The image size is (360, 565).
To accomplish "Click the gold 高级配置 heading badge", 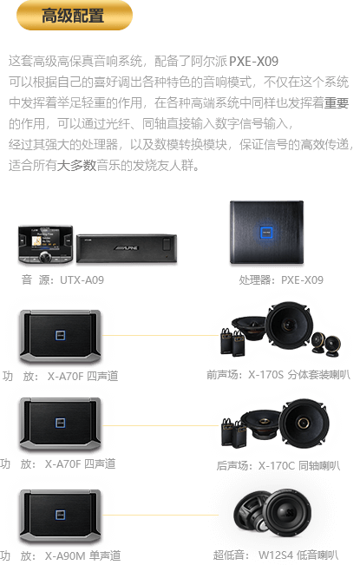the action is coord(75,15).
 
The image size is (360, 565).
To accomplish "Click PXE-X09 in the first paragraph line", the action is coord(254,62).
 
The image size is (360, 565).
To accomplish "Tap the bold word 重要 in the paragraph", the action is coord(337,103).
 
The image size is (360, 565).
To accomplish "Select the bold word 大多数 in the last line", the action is coord(76,166).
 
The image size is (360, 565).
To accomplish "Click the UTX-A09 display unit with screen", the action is coord(46,244).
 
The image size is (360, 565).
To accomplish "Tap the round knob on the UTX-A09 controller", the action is coord(46,257).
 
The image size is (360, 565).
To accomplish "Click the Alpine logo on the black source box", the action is coord(127,248).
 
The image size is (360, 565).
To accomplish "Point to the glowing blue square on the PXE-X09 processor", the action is coord(266,233).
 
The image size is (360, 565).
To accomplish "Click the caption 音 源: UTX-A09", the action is coord(62,280).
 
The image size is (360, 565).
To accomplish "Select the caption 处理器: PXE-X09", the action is coord(281,280).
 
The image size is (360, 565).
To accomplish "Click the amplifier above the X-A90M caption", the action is coord(60,516).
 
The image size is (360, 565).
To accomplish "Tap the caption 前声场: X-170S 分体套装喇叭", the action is coord(278,375).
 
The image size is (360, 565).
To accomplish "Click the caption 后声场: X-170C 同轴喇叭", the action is coord(278,465).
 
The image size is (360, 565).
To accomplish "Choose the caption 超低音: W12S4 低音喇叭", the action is coord(276,555).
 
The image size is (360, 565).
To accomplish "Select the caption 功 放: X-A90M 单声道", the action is coord(60,556).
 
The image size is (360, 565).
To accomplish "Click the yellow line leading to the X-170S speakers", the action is coord(160,336).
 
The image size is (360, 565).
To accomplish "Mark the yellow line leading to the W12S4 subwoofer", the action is coord(160,515).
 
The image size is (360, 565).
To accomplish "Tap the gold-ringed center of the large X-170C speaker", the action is coord(303,423).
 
